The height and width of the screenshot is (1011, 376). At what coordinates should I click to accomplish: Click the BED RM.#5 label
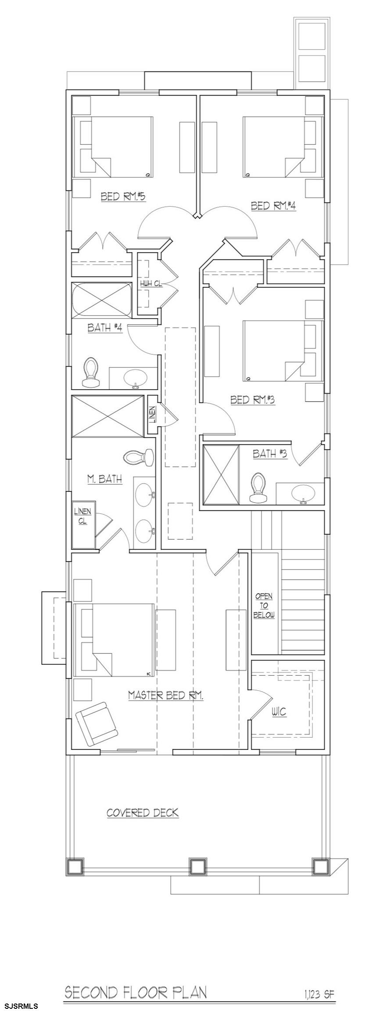tap(123, 196)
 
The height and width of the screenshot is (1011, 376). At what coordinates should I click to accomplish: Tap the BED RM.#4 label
tap(273, 205)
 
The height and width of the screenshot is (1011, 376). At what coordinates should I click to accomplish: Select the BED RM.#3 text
tap(252, 400)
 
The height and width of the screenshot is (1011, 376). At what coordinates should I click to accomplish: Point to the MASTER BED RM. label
tap(166, 695)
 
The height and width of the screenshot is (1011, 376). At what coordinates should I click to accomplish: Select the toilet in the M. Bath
tap(138, 458)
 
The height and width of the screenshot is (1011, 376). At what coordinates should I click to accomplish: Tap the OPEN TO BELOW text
tap(264, 606)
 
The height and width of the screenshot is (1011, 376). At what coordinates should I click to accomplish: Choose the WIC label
tap(279, 712)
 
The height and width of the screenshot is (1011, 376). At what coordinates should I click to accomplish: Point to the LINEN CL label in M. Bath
tap(82, 516)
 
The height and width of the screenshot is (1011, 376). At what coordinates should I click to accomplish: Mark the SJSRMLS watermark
tap(20, 1002)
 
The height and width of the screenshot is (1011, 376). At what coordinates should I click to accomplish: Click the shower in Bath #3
tap(221, 474)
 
